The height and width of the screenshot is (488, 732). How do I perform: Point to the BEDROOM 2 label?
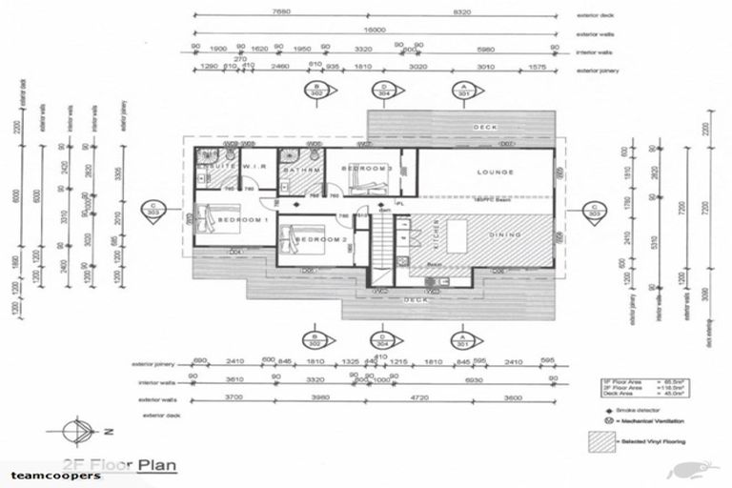(x=317, y=239)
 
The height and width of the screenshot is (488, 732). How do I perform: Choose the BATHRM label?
(x=301, y=170)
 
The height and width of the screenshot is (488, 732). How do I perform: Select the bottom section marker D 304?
(x=382, y=339)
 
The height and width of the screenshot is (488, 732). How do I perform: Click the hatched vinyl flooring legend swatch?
(x=602, y=442)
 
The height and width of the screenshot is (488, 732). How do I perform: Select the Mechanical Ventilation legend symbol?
(x=597, y=419)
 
